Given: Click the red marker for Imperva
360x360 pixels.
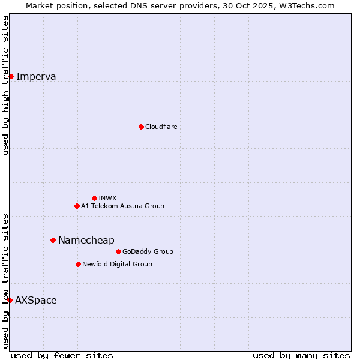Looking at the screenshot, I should pos(11,76).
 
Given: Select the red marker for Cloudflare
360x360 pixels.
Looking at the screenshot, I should pos(141,127).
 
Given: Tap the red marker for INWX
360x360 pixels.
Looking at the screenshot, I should pos(94,198).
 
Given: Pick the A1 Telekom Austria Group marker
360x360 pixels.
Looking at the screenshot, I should pos(77,206).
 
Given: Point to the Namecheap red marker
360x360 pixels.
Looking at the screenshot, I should pos(53,240).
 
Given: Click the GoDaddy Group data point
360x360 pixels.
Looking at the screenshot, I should pos(118,251).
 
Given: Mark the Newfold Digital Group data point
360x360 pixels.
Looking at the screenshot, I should pos(78,264).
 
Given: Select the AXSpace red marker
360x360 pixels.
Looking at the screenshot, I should pos(10,300).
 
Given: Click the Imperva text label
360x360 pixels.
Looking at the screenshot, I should pos(36,76).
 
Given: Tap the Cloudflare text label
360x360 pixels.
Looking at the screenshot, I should pos(161,127).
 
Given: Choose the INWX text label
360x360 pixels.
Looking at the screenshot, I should pos(107,198).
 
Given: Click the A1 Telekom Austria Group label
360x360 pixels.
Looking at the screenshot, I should pos(122,206).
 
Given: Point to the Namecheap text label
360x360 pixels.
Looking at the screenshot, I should pos(86,240).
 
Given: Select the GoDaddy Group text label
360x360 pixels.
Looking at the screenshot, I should pos(148,251).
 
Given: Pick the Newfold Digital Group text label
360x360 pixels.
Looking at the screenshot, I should pos(117,264).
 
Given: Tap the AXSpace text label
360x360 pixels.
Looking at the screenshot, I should pos(36,300).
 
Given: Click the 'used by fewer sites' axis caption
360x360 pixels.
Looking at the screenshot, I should pos(62,355).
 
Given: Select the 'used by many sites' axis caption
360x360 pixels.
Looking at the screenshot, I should pos(301,355).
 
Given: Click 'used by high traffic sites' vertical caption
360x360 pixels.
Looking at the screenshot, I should pos(5,85).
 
